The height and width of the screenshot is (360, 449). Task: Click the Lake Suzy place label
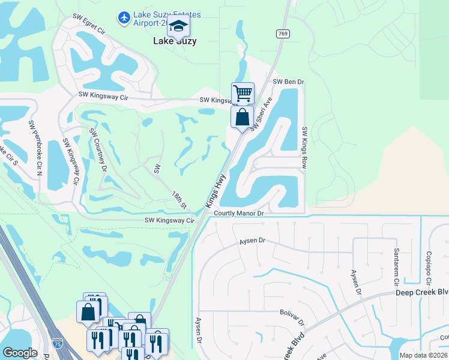tap(175, 41)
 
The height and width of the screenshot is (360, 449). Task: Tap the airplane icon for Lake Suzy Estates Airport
tap(124, 18)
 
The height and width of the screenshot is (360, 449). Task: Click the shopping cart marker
tap(243, 94)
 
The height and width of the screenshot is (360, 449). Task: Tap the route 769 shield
tap(282, 34)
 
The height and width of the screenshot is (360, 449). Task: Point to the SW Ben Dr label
tap(289, 82)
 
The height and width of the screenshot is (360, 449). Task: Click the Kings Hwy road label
tap(215, 190)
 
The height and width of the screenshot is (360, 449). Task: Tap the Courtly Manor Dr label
tap(239, 213)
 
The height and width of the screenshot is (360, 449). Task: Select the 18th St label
tap(179, 200)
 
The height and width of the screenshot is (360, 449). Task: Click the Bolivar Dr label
tap(292, 313)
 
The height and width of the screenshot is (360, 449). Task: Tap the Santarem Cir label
tap(396, 266)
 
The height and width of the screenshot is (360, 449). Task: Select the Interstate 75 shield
tap(57, 343)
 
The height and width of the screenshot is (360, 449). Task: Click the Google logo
tap(20, 353)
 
